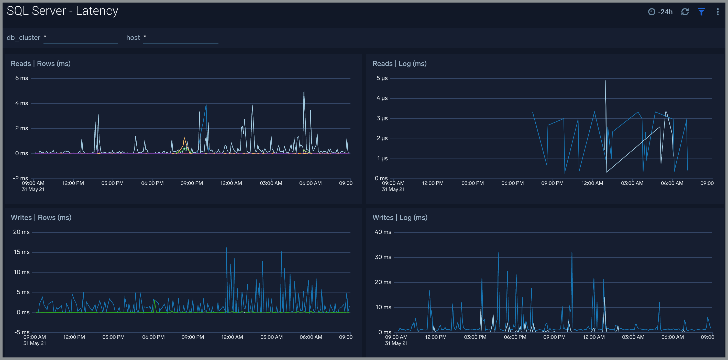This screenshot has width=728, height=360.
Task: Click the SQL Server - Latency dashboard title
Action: click(x=62, y=11)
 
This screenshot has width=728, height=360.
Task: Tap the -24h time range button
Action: click(x=660, y=12)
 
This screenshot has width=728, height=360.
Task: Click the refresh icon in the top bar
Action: click(x=685, y=12)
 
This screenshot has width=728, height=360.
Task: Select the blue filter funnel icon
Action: click(x=701, y=12)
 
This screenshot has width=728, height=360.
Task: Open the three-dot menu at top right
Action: click(x=718, y=12)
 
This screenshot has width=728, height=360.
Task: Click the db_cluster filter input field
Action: click(x=81, y=38)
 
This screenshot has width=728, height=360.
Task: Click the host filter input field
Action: click(x=181, y=38)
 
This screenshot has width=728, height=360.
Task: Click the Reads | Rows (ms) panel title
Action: click(x=41, y=64)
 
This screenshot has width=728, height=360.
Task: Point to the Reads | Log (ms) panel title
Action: click(x=399, y=64)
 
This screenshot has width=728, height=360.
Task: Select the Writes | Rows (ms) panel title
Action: click(x=41, y=217)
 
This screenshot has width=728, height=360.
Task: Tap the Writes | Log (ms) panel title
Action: click(x=400, y=217)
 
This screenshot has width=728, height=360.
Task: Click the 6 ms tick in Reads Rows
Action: click(x=21, y=78)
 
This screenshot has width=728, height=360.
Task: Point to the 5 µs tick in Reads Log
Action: click(x=382, y=78)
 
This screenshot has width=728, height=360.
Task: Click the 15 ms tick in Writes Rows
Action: click(x=21, y=252)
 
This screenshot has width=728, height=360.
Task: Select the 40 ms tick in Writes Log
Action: click(x=383, y=232)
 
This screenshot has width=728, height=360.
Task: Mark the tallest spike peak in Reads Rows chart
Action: click(x=304, y=91)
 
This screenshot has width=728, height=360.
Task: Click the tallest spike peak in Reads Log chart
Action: click(x=605, y=81)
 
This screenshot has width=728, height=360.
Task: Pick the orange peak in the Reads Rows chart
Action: click(x=184, y=137)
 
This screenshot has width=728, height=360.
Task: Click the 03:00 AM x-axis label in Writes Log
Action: click(x=633, y=337)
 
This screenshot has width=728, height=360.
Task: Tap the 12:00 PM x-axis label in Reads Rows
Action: click(x=73, y=183)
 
